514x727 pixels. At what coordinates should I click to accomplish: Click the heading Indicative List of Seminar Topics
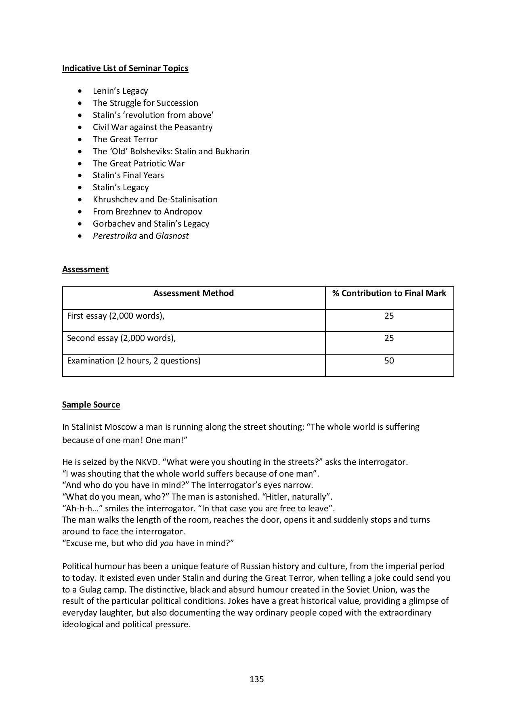tap(125, 68)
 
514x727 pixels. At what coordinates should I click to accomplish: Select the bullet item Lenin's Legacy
tap(120, 91)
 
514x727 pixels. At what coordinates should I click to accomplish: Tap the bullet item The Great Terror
tap(125, 139)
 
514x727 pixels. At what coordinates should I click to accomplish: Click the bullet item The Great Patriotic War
tap(138, 164)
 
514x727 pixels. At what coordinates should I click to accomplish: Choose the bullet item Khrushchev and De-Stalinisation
tap(155, 200)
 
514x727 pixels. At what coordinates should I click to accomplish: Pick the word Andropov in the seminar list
tap(183, 212)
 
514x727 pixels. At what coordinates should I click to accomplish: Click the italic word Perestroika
tap(115, 236)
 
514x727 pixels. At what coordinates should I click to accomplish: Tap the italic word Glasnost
tap(172, 236)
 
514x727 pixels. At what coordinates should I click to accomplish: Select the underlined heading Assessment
tap(85, 269)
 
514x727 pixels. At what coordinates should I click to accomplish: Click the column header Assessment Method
tap(193, 293)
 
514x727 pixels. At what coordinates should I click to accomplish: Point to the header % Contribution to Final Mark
tap(389, 293)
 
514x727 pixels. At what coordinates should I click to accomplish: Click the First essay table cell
tap(116, 316)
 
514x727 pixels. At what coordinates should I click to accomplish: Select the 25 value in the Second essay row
tap(389, 338)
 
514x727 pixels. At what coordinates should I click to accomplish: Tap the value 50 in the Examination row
tap(389, 361)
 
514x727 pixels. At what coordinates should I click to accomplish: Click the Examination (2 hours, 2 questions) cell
tap(134, 361)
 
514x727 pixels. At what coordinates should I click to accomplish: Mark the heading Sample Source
tap(91, 405)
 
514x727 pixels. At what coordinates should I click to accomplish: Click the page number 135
tap(257, 679)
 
